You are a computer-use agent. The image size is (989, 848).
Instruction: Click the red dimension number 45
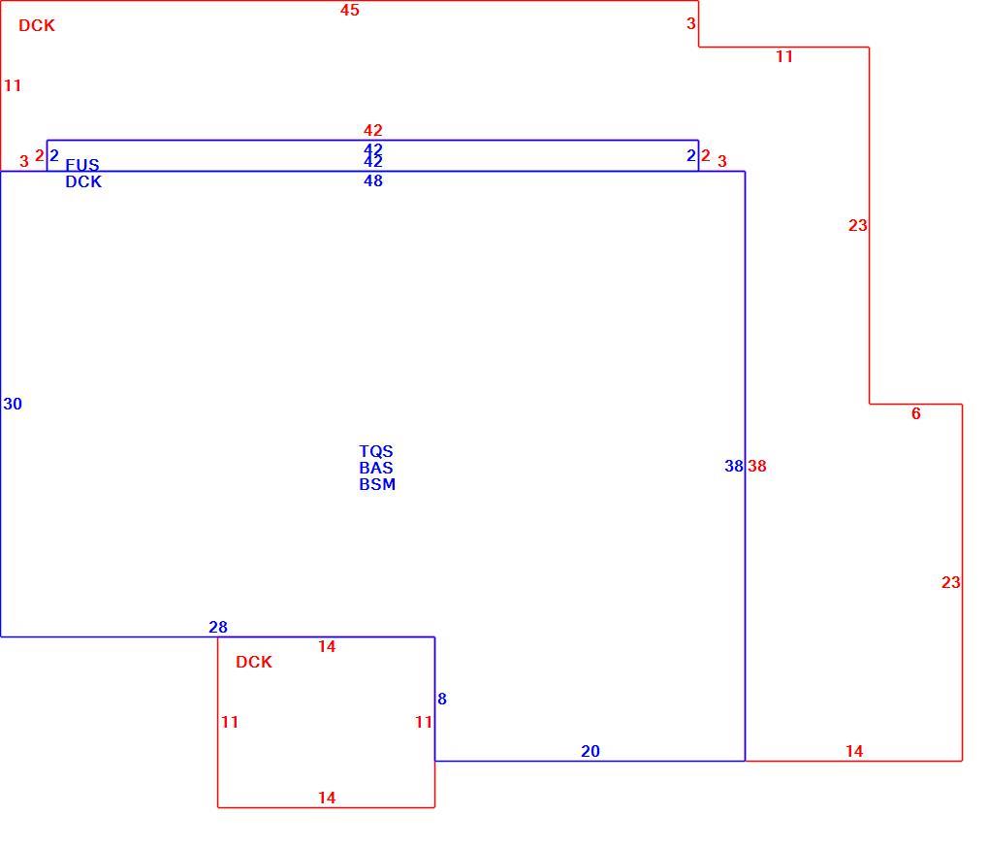349,10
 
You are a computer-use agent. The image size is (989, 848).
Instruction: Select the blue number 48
372,181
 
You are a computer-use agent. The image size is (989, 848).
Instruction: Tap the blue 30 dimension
13,404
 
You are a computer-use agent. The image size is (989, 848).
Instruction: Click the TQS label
376,451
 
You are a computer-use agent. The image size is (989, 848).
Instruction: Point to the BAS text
376,468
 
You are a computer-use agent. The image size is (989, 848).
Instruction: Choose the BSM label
377,484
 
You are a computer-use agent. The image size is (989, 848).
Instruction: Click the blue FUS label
82,165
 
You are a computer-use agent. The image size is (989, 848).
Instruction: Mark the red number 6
916,413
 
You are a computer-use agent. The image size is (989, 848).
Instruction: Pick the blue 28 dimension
217,627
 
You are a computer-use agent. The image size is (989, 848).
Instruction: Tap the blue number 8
442,700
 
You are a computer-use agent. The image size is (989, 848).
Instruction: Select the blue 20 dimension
590,752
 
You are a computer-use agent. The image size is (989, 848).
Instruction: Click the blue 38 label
734,467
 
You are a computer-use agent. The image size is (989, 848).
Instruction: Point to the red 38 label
757,467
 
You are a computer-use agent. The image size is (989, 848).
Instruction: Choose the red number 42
372,131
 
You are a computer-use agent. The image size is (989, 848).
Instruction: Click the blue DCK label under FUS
83,181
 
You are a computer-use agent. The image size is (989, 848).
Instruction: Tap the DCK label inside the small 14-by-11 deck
254,662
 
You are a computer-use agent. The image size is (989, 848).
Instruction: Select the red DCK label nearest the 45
37,26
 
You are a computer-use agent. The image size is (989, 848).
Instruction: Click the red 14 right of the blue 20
854,752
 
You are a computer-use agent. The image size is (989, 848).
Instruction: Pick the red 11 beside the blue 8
423,722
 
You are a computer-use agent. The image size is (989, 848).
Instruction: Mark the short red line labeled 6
916,405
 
